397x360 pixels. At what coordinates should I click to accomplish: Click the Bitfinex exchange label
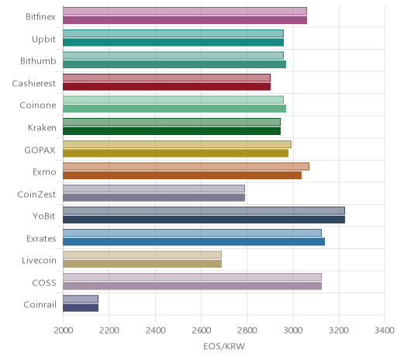coord(40,17)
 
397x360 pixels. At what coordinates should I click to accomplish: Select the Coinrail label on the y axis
coord(40,305)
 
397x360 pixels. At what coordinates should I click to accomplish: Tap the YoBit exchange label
coord(44,216)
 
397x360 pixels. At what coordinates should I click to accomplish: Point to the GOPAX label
coord(40,150)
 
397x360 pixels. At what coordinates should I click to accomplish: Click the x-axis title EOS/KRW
coord(224,346)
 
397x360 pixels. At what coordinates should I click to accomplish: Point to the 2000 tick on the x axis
coord(64,331)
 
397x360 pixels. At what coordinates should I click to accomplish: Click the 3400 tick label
coord(385,331)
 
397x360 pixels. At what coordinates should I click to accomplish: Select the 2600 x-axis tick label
coord(201,331)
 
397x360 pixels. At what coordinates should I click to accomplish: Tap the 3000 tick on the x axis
coord(293,331)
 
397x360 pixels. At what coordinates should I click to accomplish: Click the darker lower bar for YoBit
coord(204,220)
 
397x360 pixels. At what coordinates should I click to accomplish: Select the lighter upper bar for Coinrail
coord(81,299)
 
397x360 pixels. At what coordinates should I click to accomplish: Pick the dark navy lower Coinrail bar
coord(81,308)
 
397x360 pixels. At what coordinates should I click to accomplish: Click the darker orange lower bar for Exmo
coord(182,175)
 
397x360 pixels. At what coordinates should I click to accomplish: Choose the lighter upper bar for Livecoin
coord(142,255)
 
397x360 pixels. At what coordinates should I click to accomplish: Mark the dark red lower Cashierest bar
coord(167,87)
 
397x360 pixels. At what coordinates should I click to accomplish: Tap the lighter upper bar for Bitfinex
coord(185,11)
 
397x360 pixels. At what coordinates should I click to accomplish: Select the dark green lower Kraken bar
coord(171,131)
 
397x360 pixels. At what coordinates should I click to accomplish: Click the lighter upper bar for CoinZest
coord(154,189)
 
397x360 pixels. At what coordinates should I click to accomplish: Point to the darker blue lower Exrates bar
coord(194,242)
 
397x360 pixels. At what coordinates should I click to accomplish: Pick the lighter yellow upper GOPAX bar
coord(177,144)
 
